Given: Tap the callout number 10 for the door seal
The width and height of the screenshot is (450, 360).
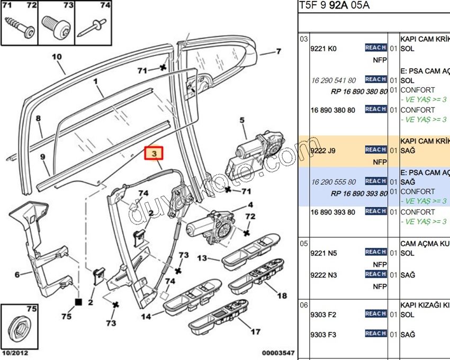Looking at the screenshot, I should pos(57,57).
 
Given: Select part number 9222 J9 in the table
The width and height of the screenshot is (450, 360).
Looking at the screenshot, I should pos(323,151).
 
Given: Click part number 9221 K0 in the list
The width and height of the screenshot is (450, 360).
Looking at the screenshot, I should pos(323,49).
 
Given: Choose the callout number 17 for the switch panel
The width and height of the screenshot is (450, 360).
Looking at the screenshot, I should pos(255,332).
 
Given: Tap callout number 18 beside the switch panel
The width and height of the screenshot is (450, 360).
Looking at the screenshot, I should pos(282,296).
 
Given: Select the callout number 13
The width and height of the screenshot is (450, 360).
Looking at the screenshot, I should pos(202,258).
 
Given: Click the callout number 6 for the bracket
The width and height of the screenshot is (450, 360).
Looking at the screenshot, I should pos(16,274).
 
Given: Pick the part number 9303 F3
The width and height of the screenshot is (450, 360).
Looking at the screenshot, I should pos(323,335).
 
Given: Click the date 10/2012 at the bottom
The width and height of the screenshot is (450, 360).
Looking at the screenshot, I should pos(14,353).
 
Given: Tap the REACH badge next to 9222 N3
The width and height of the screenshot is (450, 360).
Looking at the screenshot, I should pos(375,274).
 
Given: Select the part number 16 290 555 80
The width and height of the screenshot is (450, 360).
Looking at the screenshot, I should pos(334,182).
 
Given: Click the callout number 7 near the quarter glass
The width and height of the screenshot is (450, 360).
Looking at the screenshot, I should pos(278,52).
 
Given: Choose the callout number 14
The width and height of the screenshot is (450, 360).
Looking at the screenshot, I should pos(146,317).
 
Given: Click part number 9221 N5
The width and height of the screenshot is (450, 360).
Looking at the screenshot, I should pos(323,253).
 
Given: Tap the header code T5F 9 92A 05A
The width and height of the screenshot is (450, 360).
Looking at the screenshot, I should pos(334,6).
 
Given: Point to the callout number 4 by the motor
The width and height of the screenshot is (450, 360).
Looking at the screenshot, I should pos(250,205).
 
